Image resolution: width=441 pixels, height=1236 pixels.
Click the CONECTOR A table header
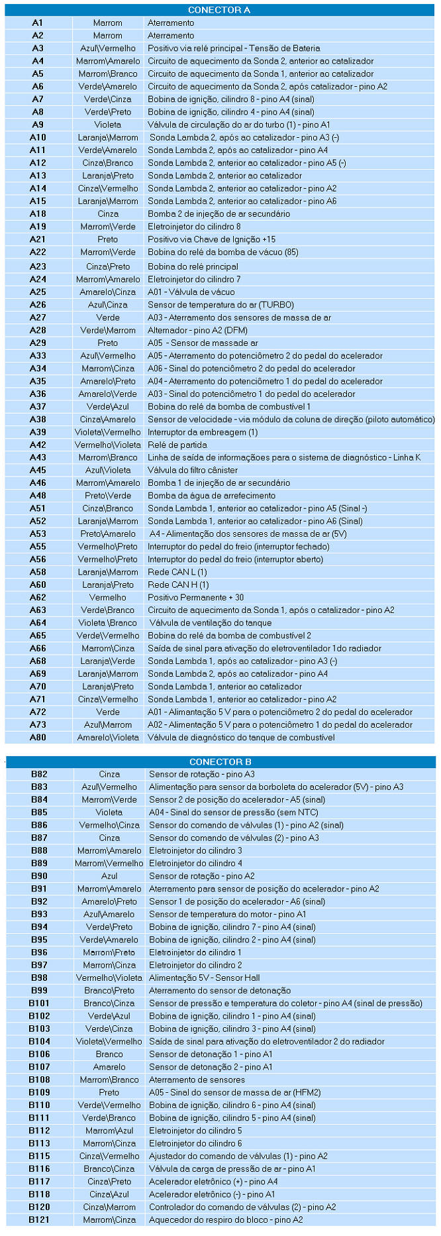219,10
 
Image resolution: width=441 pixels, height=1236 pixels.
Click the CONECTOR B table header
220,761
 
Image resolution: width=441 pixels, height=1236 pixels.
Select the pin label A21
38,239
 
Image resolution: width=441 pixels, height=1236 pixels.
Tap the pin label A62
38,597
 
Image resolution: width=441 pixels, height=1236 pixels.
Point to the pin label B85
39,812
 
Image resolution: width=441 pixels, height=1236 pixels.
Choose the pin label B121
39,1219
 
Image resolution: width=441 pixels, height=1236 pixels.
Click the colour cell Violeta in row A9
108,125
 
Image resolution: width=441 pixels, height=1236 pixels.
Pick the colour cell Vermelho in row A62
108,597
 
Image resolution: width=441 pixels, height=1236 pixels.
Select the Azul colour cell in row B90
109,875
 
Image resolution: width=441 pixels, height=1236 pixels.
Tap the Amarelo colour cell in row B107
109,1067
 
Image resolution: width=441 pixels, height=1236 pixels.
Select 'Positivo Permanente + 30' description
195,597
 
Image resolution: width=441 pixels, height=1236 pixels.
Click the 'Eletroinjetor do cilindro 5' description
195,1131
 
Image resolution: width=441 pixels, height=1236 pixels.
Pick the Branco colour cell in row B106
109,1054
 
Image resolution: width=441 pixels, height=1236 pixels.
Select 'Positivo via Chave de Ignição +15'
211,239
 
